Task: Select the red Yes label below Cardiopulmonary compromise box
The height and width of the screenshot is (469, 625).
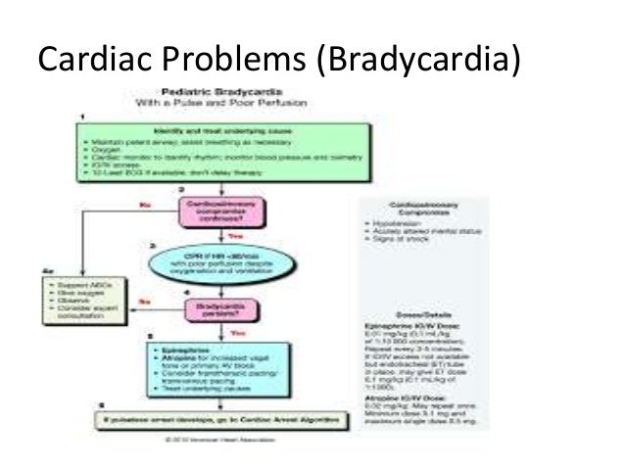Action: [234, 234]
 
